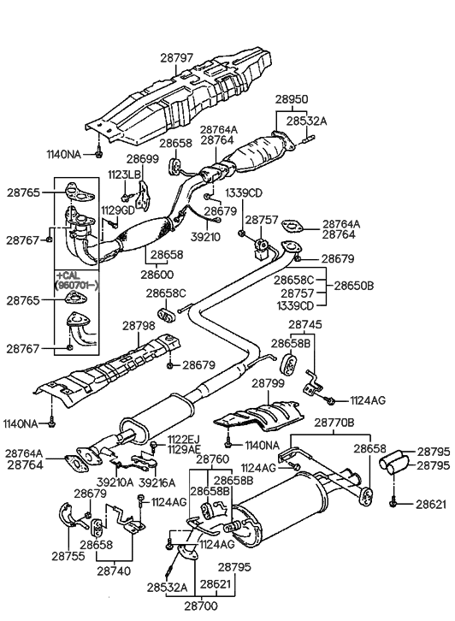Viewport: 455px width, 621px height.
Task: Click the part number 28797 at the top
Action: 177,57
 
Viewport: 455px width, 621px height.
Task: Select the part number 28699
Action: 143,159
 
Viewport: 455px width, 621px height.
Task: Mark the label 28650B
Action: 357,287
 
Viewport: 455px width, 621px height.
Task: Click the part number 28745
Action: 305,325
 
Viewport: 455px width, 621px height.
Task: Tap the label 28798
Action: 139,326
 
